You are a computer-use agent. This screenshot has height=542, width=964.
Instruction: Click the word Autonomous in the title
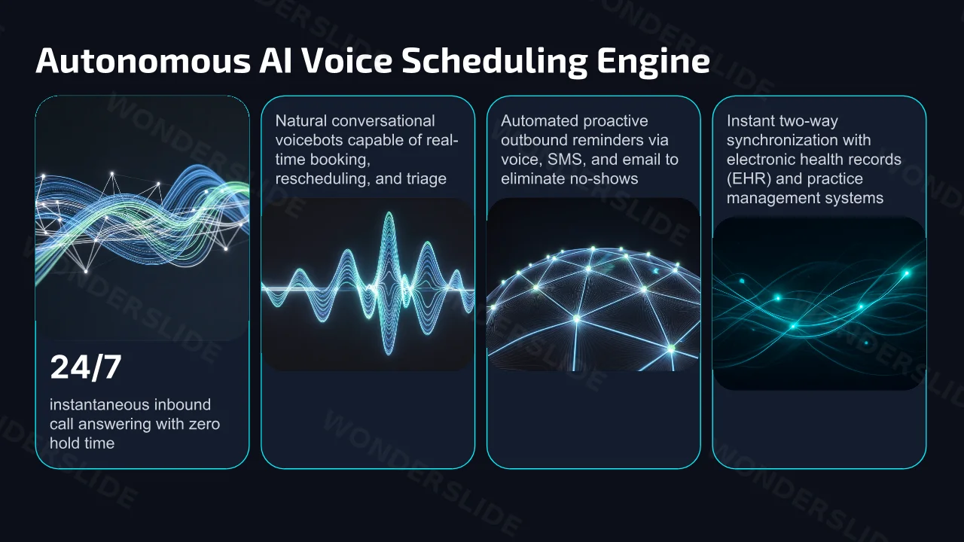[x=143, y=61]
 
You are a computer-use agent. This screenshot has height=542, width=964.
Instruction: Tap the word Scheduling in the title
[x=495, y=62]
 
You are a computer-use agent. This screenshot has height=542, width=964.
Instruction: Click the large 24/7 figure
[x=86, y=367]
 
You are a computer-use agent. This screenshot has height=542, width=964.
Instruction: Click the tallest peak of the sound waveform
[x=389, y=213]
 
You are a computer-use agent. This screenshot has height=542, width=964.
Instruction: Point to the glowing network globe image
[x=593, y=285]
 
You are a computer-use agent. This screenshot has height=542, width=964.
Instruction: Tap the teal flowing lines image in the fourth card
[x=819, y=303]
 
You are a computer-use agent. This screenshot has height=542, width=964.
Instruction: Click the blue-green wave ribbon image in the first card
[x=142, y=218]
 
